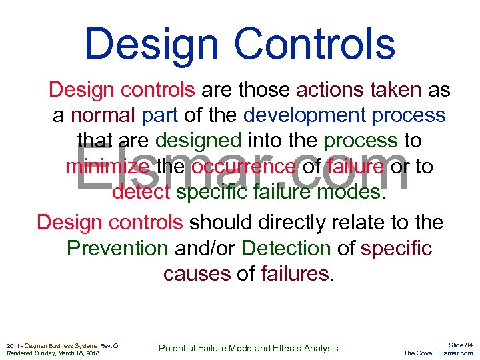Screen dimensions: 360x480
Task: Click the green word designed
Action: point(198,141)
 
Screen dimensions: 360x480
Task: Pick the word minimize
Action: point(107,167)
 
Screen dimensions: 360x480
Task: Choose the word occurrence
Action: point(243,167)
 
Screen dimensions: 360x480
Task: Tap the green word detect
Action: point(141,193)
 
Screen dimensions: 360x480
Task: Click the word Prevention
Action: point(117,248)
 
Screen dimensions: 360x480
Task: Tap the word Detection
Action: point(286,248)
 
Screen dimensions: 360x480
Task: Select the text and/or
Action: point(205,248)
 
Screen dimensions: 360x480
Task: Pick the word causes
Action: point(197,274)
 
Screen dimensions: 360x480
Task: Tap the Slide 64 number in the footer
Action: point(461,345)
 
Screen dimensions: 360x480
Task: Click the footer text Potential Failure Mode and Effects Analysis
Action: point(248,348)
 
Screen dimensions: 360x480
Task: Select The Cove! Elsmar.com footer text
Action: point(438,353)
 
